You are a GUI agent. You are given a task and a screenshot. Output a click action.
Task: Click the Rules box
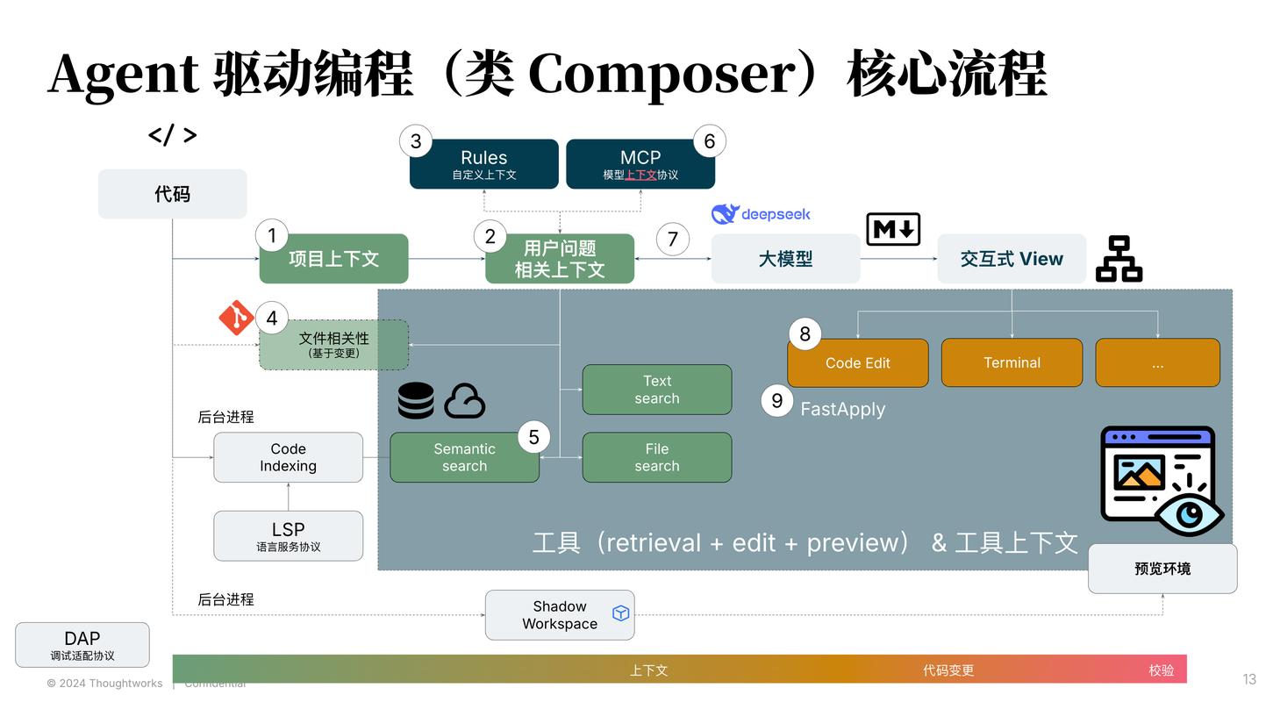coord(483,164)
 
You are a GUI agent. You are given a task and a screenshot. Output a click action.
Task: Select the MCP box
coord(640,164)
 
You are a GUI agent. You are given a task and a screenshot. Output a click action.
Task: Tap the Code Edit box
coord(857,363)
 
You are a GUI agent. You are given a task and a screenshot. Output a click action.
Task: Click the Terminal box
coord(1012,363)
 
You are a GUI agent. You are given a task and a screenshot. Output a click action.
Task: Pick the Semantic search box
coord(464,457)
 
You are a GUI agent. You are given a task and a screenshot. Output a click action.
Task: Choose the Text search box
coord(656,390)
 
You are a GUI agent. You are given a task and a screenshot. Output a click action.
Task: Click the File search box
coord(656,457)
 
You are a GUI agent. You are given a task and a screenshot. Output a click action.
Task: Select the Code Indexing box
coord(288,457)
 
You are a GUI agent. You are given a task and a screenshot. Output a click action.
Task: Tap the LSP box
coord(288,536)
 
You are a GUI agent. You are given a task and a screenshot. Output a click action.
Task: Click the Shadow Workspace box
coord(559,615)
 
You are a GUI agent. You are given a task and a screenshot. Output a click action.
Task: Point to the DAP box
coord(82,645)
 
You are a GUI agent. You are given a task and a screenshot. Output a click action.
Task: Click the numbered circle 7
coord(673,239)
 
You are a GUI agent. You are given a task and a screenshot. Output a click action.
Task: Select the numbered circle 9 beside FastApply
coord(776,401)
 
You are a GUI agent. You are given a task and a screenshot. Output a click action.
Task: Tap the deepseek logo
coord(761,214)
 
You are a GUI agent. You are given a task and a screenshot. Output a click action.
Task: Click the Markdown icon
coord(893,230)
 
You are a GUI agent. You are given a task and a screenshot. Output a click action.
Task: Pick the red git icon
coord(236,318)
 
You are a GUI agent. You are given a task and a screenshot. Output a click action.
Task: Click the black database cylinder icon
coord(416,401)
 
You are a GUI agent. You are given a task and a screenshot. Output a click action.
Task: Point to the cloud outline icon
coord(465,402)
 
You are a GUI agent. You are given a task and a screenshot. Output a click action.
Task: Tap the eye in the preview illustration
coord(1190,515)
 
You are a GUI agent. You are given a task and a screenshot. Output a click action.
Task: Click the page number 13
coord(1249,679)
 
